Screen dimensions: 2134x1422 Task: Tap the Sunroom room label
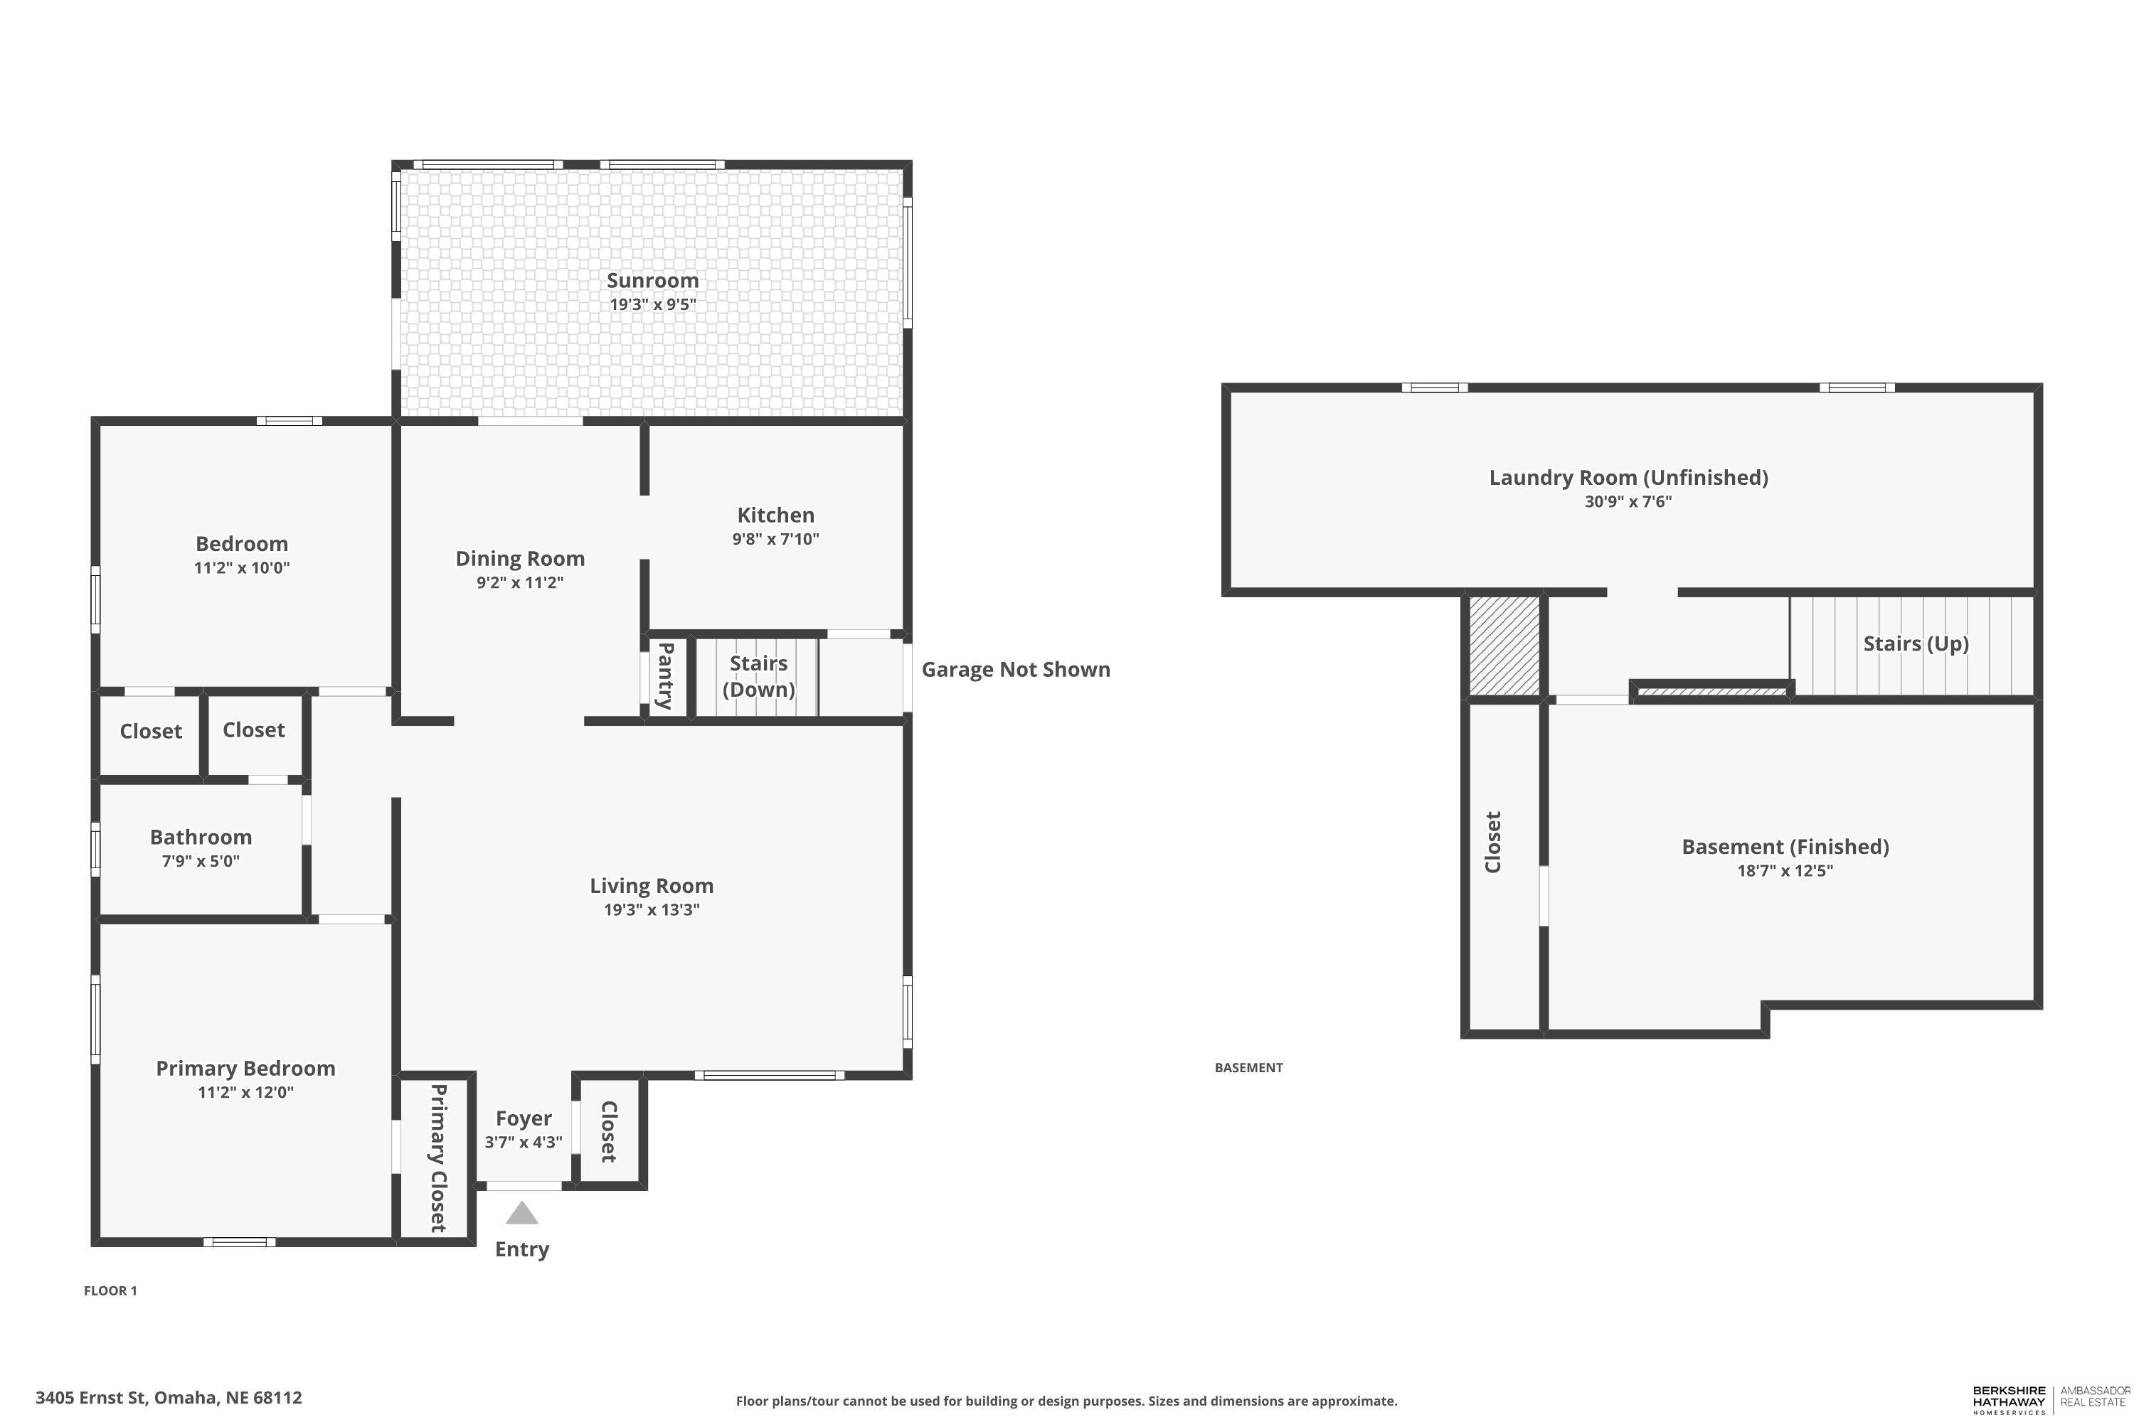652,280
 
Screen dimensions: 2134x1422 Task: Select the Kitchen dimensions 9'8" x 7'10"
776,539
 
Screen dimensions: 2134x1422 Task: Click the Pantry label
665,675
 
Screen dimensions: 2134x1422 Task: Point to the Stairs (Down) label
758,675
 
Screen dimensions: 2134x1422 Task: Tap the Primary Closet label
437,1158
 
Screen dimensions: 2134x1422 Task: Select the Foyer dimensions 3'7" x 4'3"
524,1142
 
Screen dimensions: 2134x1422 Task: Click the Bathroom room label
201,837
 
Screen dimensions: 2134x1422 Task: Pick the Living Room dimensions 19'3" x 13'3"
652,909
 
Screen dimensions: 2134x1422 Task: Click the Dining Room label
520,559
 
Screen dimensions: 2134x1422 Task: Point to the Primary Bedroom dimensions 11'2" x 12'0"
246,1092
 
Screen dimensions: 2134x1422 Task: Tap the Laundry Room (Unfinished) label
1629,478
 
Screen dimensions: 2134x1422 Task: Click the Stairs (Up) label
1916,644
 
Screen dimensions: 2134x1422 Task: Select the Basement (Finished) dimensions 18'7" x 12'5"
1785,870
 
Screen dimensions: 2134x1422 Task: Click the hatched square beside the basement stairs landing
1504,646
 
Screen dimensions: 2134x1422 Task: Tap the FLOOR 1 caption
111,1290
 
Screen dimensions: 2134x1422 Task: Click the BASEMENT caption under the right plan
1248,1067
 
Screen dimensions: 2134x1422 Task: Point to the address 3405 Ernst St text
92,1398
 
